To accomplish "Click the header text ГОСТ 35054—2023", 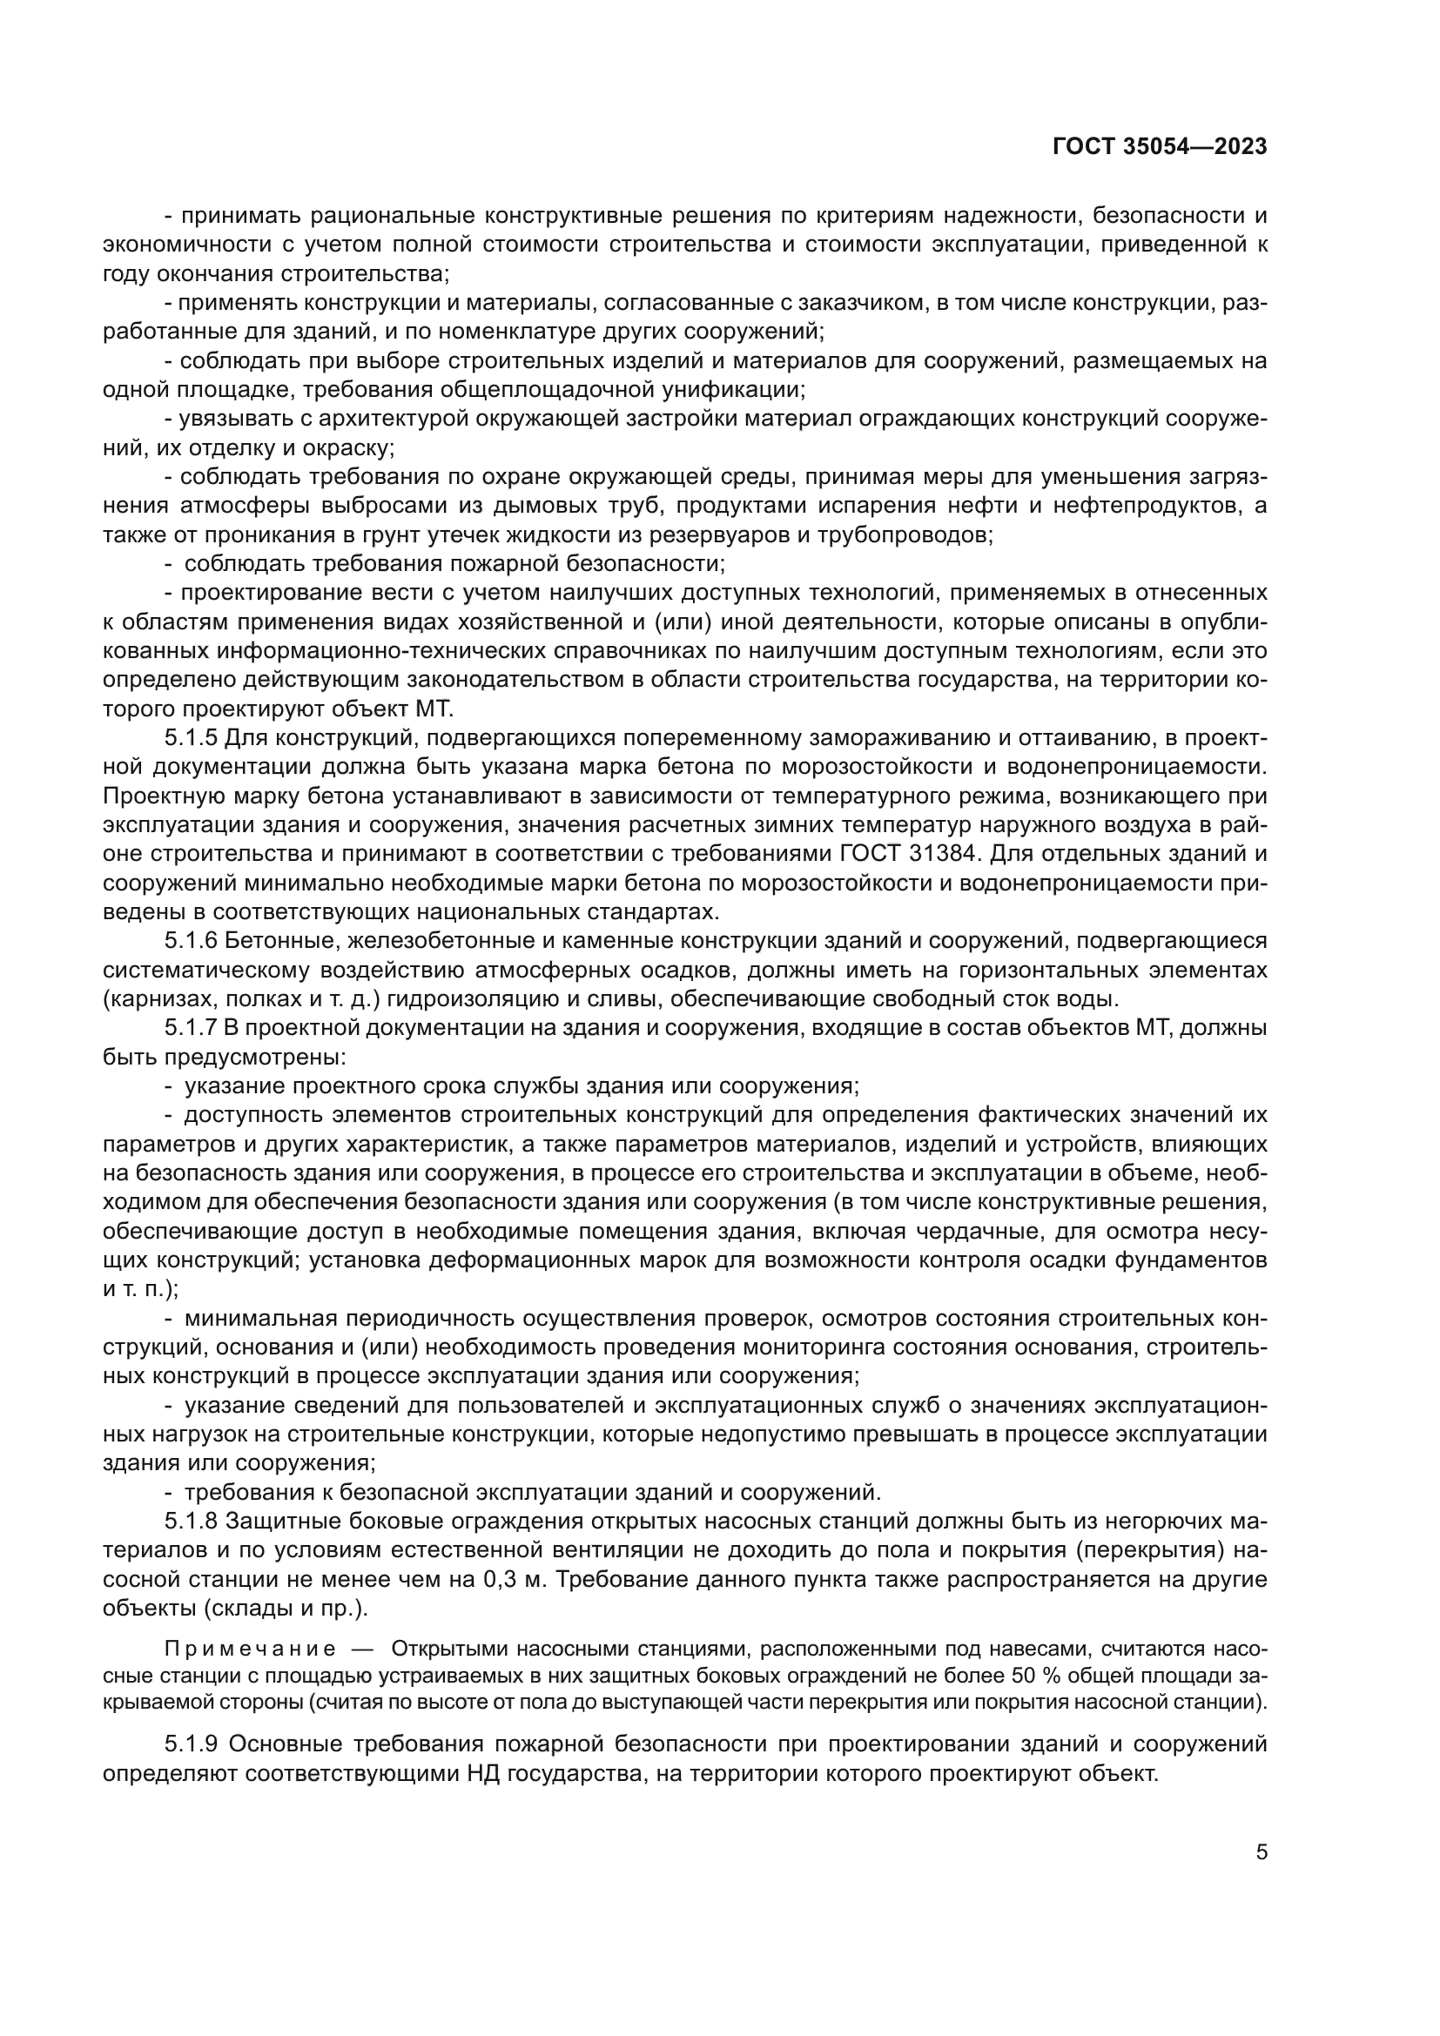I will [x=1159, y=147].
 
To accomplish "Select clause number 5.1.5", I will [x=191, y=738].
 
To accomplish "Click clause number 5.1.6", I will [x=191, y=941].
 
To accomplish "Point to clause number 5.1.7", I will [x=191, y=1029].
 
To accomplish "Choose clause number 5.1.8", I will [x=191, y=1522].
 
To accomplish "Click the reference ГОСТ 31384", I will [x=906, y=854].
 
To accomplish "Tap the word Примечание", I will [x=249, y=1650].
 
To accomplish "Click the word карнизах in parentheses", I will [x=149, y=999].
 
